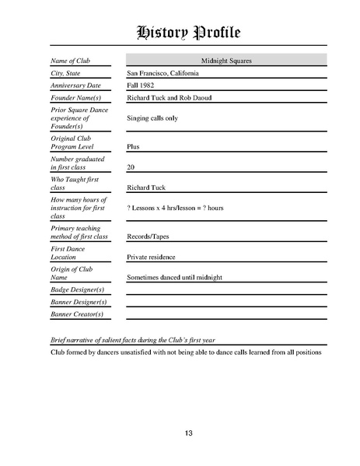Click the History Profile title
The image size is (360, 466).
click(188, 32)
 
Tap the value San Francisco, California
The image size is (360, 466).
click(163, 72)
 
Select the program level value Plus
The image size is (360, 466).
click(133, 145)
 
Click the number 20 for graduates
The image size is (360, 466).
click(131, 166)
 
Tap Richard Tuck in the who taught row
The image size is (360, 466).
click(145, 187)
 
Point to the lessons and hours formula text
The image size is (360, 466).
click(175, 208)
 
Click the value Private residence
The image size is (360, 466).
click(151, 257)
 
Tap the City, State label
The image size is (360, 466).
click(65, 72)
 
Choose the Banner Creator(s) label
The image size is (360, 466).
click(77, 314)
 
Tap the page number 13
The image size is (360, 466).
click(188, 433)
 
